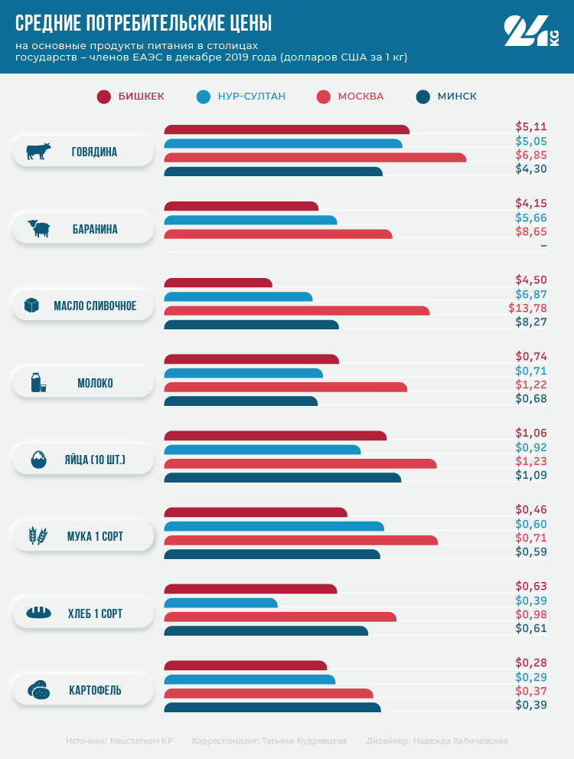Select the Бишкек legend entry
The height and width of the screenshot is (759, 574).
pyautogui.click(x=131, y=97)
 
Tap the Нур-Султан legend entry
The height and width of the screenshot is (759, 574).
pyautogui.click(x=241, y=97)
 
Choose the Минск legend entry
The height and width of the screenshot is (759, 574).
pyautogui.click(x=447, y=97)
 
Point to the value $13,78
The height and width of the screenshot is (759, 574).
pyautogui.click(x=527, y=308)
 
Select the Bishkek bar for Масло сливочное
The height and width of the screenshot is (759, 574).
pyautogui.click(x=218, y=283)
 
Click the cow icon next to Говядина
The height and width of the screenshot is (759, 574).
pyautogui.click(x=38, y=152)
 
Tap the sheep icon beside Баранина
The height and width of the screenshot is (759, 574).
pyautogui.click(x=38, y=228)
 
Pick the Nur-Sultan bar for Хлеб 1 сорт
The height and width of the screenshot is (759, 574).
pyautogui.click(x=221, y=603)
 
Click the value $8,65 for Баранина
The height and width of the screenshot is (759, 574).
pyautogui.click(x=531, y=231)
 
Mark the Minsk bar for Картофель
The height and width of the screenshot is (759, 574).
pyautogui.click(x=272, y=707)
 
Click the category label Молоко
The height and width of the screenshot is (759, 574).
pyautogui.click(x=95, y=383)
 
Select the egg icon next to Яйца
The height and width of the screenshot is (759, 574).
pyautogui.click(x=38, y=460)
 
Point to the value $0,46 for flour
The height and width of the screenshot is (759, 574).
pyautogui.click(x=531, y=509)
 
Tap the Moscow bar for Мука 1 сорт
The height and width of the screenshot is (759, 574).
pyautogui.click(x=301, y=540)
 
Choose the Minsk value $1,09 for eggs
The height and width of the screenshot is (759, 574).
pyautogui.click(x=531, y=475)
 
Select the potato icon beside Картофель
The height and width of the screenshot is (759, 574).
pyautogui.click(x=38, y=690)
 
